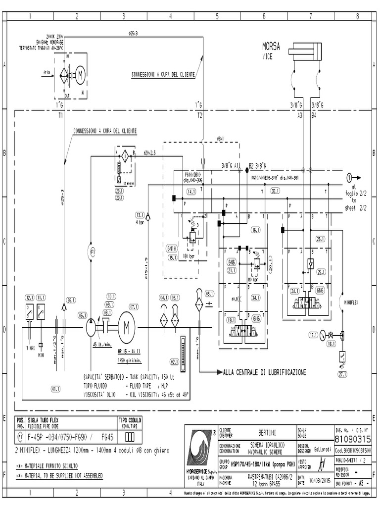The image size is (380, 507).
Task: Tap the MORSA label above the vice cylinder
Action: (271, 47)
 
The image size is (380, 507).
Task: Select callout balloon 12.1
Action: (29, 298)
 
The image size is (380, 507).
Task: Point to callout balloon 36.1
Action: (71, 300)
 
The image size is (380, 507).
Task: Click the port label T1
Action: (60, 114)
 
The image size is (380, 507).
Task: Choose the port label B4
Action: (314, 114)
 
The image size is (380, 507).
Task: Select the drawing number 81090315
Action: (352, 439)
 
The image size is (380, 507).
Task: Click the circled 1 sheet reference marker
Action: (349, 177)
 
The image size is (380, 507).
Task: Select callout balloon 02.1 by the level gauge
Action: (175, 361)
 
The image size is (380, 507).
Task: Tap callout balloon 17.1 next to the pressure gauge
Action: (313, 335)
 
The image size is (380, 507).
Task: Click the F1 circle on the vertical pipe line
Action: (92, 252)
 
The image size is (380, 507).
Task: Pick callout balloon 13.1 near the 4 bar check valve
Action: (139, 215)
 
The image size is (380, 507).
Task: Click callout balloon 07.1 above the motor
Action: (134, 306)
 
